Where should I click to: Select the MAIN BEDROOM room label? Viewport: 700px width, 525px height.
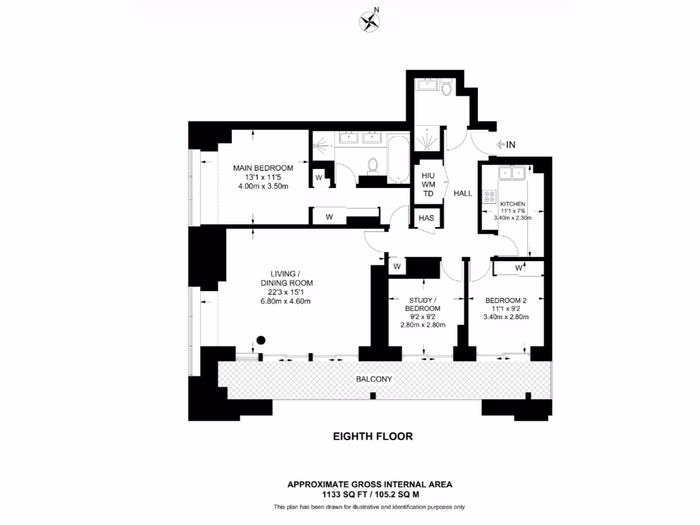(x=263, y=168)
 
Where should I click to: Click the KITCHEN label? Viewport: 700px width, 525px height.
(x=512, y=204)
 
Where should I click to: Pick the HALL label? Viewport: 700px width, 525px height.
(x=463, y=194)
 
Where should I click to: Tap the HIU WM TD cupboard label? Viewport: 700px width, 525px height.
(x=428, y=185)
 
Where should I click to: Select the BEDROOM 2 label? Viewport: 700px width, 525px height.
(x=506, y=300)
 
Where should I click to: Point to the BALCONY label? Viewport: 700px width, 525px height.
(x=373, y=379)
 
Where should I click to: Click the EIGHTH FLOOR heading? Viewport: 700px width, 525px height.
(x=373, y=436)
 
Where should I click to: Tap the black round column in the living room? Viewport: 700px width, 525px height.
(x=260, y=340)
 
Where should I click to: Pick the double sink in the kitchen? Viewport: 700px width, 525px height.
(x=511, y=174)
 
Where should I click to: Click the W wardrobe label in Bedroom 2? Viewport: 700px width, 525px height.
(x=519, y=268)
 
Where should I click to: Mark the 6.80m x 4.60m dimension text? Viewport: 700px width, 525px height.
(x=291, y=302)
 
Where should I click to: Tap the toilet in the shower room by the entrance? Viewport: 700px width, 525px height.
(x=446, y=88)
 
